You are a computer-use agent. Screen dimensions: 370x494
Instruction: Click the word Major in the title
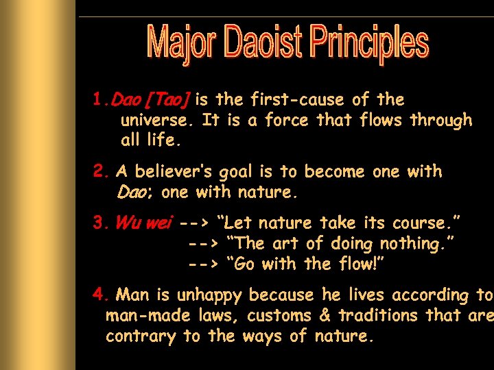tap(181, 42)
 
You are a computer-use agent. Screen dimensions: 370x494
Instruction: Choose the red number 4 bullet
tap(99, 295)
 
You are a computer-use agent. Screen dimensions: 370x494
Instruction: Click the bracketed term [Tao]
tap(168, 100)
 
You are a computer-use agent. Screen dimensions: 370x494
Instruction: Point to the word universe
tap(158, 121)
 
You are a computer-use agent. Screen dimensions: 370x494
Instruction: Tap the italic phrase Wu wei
tap(144, 223)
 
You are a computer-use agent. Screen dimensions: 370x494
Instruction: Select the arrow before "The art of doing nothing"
tap(203, 244)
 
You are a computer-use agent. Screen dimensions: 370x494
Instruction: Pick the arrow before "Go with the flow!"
tap(203, 264)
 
